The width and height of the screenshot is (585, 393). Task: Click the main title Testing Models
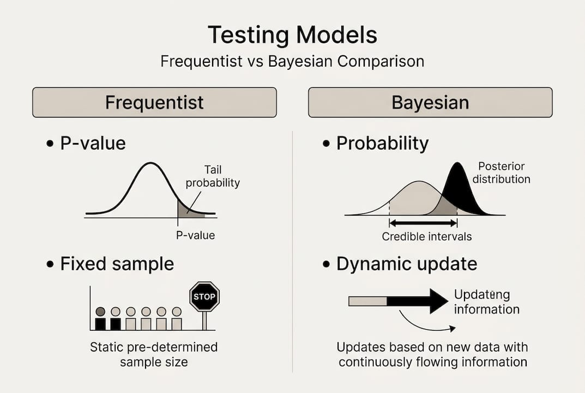point(292,35)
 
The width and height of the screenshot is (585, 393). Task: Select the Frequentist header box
point(154,103)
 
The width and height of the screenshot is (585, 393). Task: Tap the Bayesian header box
point(430,103)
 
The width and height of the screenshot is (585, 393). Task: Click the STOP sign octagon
point(204,296)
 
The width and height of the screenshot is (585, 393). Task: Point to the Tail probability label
point(213,176)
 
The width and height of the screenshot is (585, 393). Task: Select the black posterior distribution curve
point(463,190)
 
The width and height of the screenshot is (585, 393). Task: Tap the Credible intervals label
point(427,236)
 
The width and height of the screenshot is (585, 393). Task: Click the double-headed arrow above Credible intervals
point(423,223)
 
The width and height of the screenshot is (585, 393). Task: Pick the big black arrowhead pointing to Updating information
point(438,301)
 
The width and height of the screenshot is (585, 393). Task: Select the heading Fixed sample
point(117,264)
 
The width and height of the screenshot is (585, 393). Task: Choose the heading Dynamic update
point(407,264)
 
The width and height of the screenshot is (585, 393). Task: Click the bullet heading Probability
point(382,144)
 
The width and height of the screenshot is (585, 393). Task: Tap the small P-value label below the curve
point(196,235)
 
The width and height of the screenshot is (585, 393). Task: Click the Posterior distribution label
point(502,172)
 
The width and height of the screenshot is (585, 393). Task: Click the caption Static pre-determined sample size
point(154,355)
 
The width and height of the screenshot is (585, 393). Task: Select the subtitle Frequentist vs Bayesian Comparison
point(292,61)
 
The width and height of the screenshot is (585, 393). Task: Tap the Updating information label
point(486,302)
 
